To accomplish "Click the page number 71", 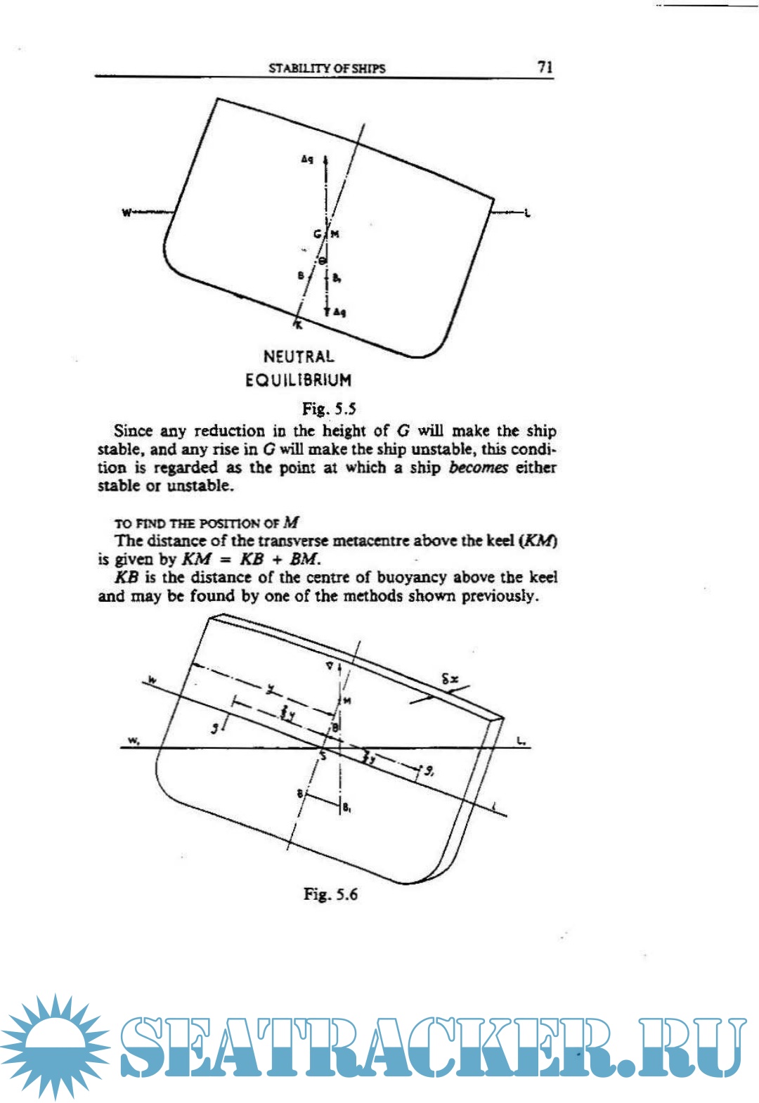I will pyautogui.click(x=545, y=67).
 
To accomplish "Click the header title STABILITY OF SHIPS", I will pyautogui.click(x=327, y=68).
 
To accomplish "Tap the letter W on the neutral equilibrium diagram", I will pyautogui.click(x=126, y=212).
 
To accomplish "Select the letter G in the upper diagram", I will pyautogui.click(x=318, y=234).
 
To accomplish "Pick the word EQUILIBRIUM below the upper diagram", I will pyautogui.click(x=299, y=380).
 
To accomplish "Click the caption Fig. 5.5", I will pyautogui.click(x=329, y=408).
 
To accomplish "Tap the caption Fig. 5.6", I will pyautogui.click(x=330, y=894).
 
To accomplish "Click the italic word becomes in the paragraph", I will pyautogui.click(x=478, y=467).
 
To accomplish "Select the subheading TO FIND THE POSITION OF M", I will pyautogui.click(x=207, y=523).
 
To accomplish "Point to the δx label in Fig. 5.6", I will pyautogui.click(x=450, y=679).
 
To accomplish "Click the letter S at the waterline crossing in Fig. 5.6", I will pyautogui.click(x=323, y=756).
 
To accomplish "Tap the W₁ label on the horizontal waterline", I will pyautogui.click(x=133, y=740).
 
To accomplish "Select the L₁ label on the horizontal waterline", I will pyautogui.click(x=521, y=740).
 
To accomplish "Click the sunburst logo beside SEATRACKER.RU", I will pyautogui.click(x=55, y=1045).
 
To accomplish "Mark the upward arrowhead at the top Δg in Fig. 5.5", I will pyautogui.click(x=325, y=161).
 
